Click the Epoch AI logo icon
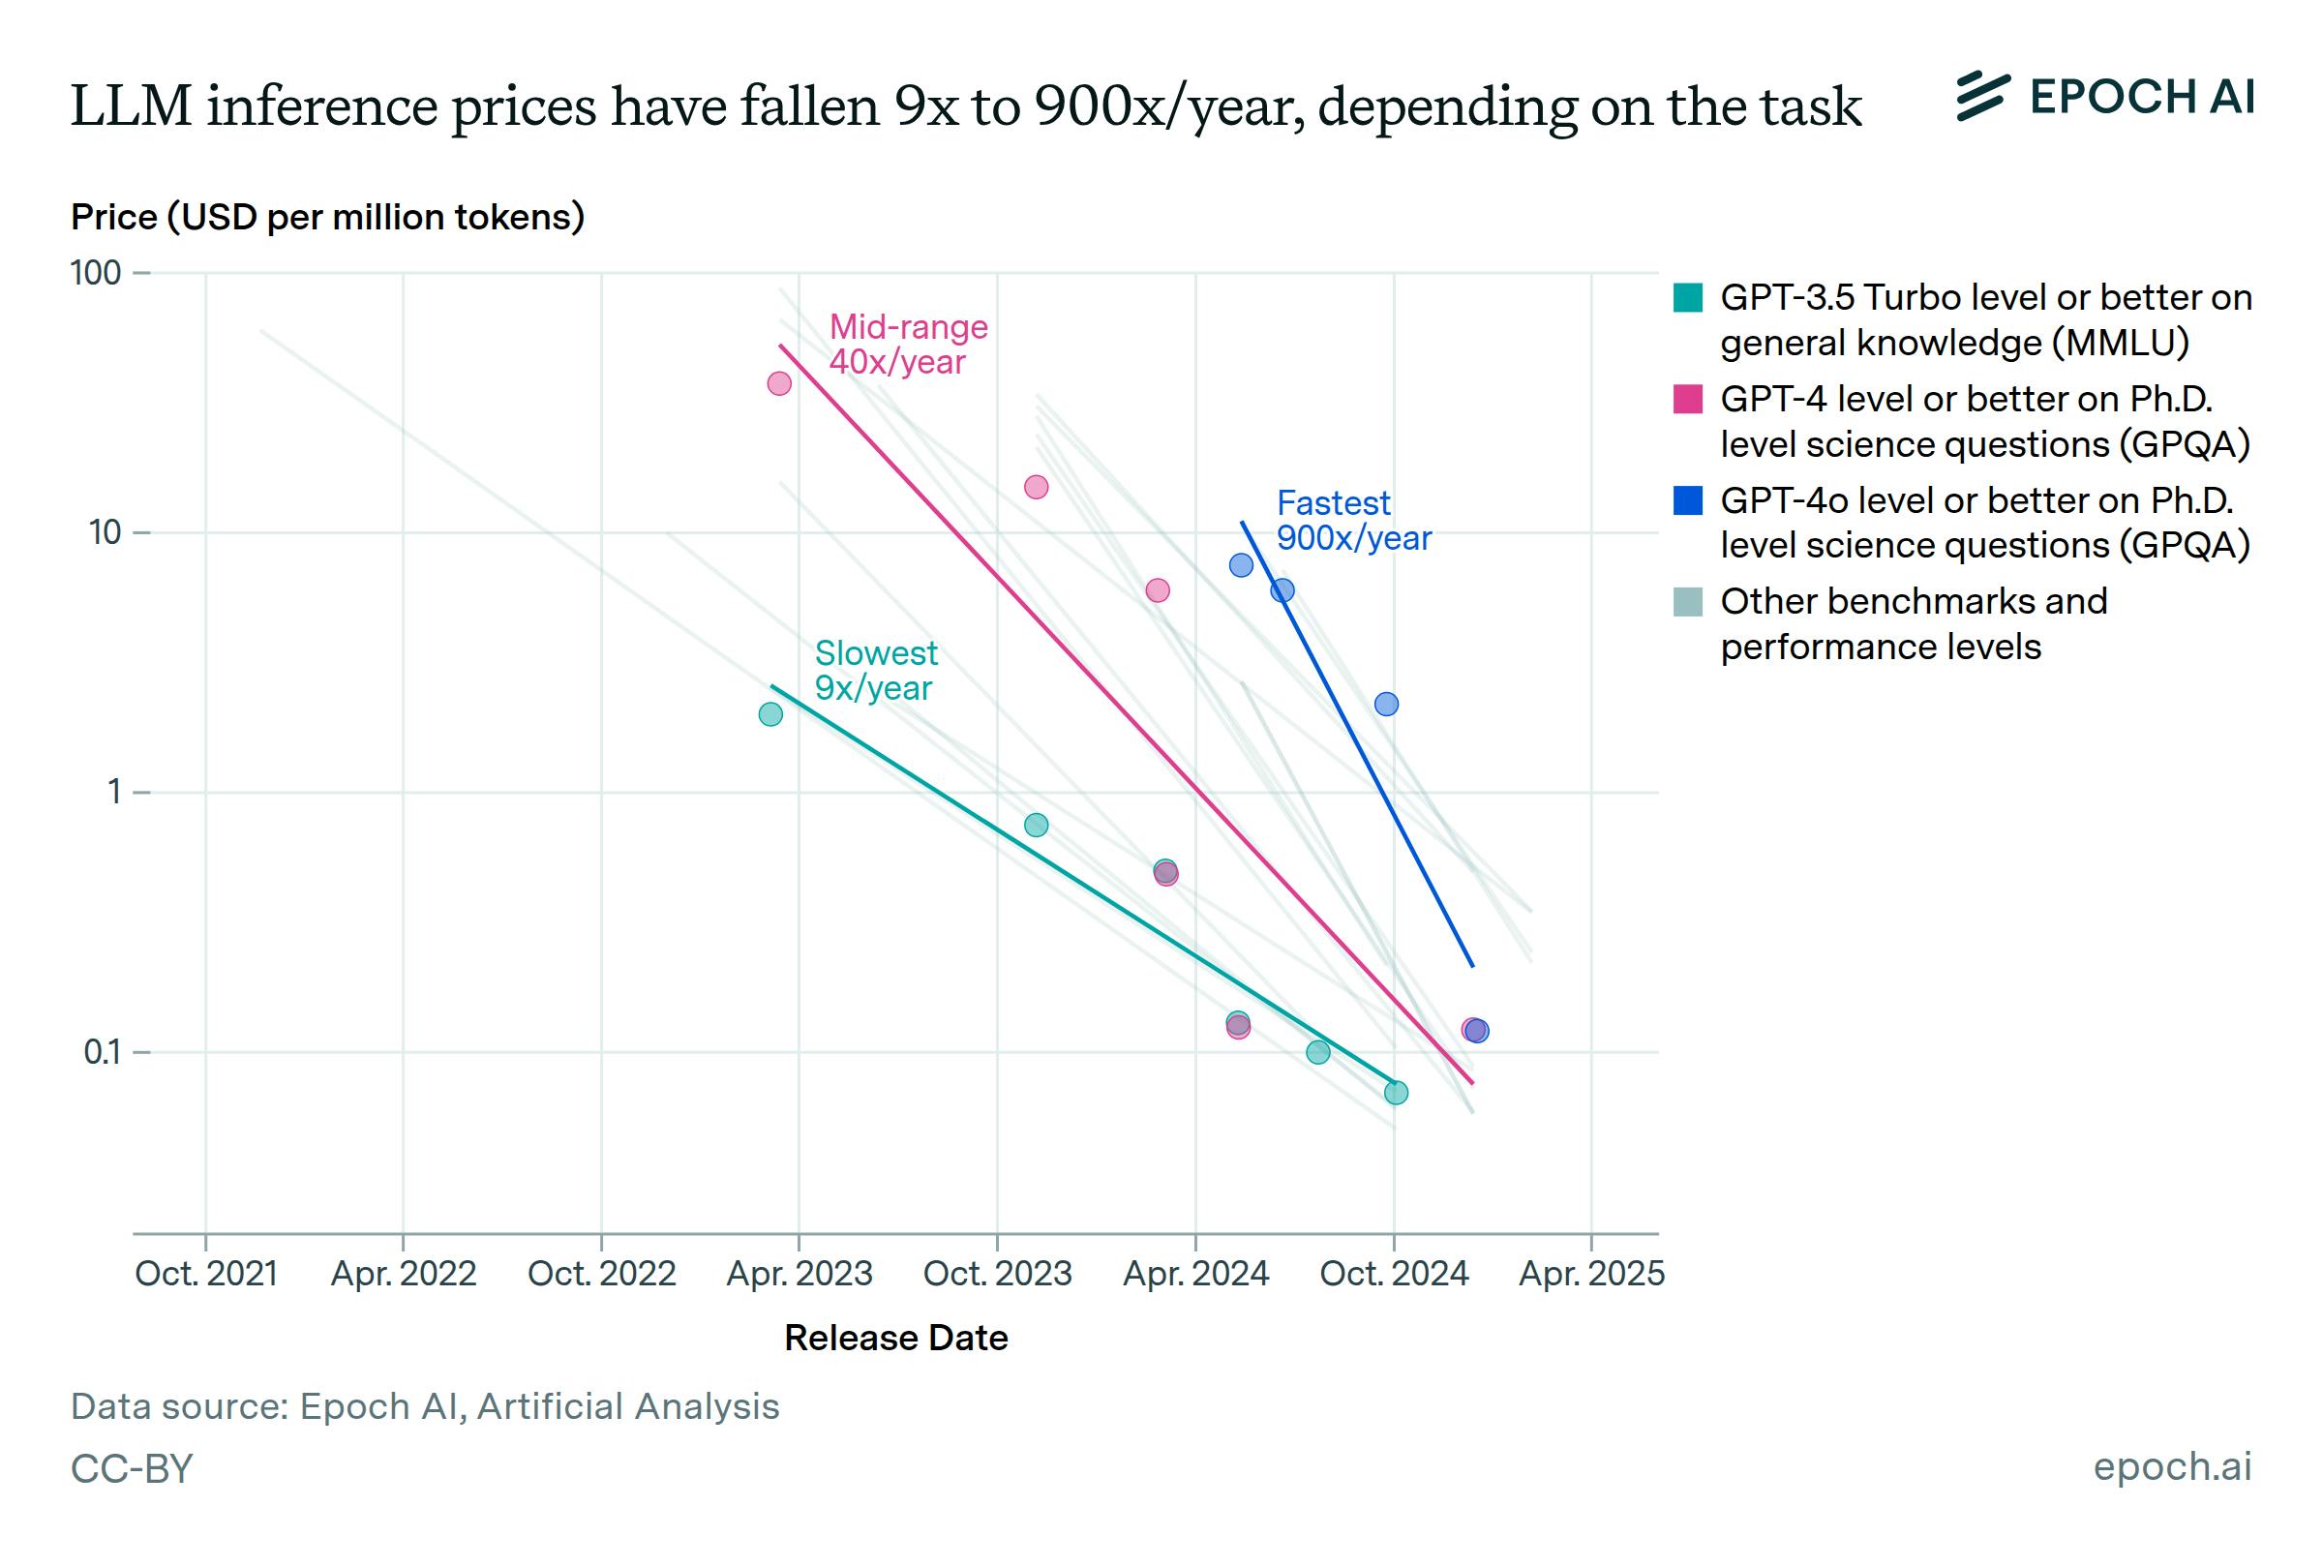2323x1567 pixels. (x=1981, y=97)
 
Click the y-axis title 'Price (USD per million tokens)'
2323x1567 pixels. (x=327, y=217)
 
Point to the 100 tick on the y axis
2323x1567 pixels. (x=95, y=273)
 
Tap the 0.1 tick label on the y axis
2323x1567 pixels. (x=102, y=1052)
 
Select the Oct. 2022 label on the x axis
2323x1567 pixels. (x=601, y=1273)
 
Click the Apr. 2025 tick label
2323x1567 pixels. (x=1590, y=1273)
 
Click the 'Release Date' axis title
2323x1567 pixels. (x=895, y=1338)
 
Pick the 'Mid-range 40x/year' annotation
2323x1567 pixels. (x=907, y=344)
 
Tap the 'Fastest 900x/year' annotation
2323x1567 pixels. (x=1353, y=520)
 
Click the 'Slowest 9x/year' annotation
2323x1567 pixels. (x=875, y=670)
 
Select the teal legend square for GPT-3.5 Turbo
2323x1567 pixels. (x=1687, y=298)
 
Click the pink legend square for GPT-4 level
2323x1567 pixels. (x=1687, y=399)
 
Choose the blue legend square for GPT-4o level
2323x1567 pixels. (x=1687, y=499)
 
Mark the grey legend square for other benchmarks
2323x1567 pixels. (x=1687, y=602)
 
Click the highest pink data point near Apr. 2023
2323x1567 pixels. (x=779, y=383)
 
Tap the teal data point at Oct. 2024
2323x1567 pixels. (x=1396, y=1093)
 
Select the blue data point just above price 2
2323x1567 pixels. (x=1386, y=705)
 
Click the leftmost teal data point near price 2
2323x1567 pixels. (x=770, y=714)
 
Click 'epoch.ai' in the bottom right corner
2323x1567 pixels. (x=2171, y=1466)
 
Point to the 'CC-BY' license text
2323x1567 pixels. (x=131, y=1468)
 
